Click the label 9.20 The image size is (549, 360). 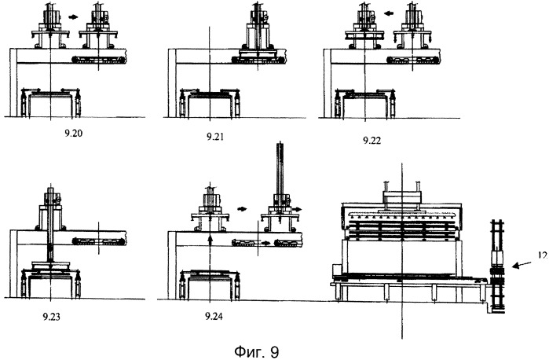click(x=75, y=131)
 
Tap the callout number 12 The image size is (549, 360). click(x=541, y=254)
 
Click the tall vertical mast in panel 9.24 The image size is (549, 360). click(x=280, y=177)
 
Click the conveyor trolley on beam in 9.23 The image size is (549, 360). click(x=98, y=241)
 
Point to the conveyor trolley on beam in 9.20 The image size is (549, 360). click(x=98, y=60)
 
